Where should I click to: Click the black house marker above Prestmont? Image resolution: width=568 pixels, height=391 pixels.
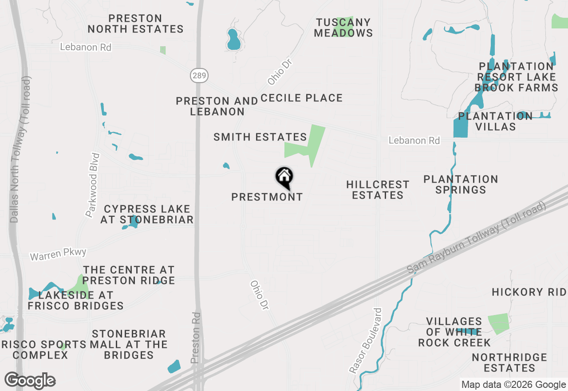click(x=284, y=177)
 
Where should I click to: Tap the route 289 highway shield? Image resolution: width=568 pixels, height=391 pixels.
click(x=199, y=76)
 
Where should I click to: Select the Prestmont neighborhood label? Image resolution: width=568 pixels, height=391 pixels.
click(x=267, y=197)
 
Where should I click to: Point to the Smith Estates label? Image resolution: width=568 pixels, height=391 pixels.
click(x=260, y=137)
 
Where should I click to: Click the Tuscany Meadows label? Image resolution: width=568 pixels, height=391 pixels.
click(x=343, y=28)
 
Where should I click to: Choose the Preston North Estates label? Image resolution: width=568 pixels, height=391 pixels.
click(x=135, y=24)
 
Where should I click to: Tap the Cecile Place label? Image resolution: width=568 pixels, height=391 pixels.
click(x=302, y=98)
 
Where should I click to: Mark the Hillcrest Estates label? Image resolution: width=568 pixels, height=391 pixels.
click(x=378, y=190)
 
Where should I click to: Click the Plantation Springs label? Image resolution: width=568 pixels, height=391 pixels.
click(x=461, y=184)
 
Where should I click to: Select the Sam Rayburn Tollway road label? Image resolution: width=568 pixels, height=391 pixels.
click(x=477, y=238)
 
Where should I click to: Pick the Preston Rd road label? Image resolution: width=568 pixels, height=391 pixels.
click(x=196, y=338)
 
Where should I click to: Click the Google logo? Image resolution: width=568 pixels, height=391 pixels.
click(x=30, y=380)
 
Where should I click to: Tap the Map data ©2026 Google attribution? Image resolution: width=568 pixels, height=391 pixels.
click(x=513, y=385)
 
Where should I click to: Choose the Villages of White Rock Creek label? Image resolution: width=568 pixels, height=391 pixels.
click(x=454, y=332)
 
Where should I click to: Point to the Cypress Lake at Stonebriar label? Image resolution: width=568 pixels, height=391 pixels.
click(x=147, y=214)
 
